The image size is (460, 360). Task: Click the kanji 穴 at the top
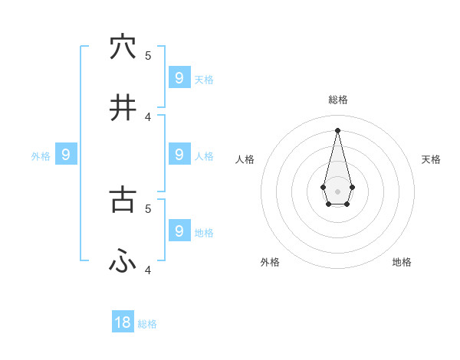123,47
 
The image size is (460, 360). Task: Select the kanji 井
123,108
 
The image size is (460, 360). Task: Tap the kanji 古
123,200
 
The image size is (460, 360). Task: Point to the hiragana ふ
123,261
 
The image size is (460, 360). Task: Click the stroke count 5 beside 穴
148,55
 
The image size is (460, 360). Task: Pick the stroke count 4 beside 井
148,116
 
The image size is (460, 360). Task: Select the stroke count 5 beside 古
148,208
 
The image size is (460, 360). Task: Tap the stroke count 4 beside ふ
148,270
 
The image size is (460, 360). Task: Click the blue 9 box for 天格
179,77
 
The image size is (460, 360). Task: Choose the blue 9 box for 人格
179,154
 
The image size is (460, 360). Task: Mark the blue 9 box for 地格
179,231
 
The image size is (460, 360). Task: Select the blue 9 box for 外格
66,155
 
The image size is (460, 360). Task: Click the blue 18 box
123,322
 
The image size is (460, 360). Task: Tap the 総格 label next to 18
147,324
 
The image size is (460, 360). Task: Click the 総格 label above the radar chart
337,100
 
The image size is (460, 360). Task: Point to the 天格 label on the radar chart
431,159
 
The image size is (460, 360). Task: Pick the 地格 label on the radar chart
402,262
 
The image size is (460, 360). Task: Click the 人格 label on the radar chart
245,159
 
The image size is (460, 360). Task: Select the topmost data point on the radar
337,129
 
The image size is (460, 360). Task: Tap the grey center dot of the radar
337,191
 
